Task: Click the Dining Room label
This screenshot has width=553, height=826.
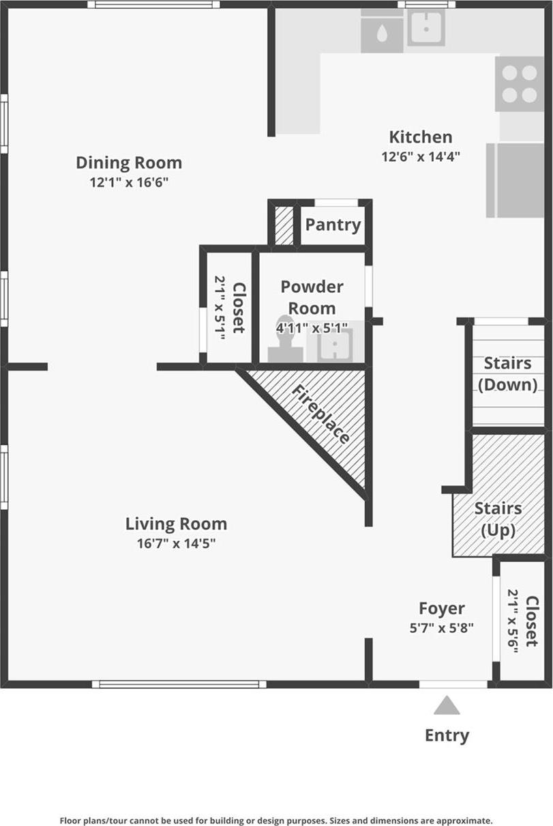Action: (129, 163)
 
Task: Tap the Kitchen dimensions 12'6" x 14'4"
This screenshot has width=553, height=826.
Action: (421, 156)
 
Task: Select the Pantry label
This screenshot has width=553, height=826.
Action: (333, 225)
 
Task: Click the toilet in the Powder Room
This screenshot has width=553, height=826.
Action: (285, 338)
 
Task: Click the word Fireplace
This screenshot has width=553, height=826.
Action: (320, 415)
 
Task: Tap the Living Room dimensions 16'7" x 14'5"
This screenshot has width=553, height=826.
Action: (176, 543)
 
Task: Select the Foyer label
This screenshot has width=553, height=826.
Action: (442, 609)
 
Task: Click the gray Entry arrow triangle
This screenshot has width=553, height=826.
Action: (447, 705)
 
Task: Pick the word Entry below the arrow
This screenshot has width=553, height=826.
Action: (447, 736)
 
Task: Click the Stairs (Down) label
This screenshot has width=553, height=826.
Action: (508, 374)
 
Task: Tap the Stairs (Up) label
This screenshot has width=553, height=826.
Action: (498, 519)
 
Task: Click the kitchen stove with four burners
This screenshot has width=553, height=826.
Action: (520, 84)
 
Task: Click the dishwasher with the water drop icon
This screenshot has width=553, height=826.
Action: (382, 34)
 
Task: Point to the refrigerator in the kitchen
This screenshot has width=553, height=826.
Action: (515, 180)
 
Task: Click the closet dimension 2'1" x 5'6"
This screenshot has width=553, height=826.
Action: (513, 621)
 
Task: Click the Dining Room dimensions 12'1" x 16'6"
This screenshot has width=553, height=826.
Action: (129, 182)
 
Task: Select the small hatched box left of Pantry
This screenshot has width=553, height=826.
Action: (284, 225)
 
